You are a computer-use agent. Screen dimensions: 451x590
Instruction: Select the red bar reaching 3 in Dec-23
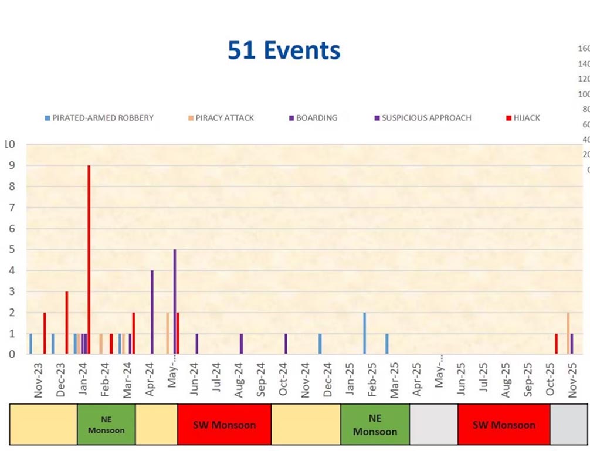click(66, 323)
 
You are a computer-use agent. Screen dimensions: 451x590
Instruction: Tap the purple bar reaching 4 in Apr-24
click(152, 312)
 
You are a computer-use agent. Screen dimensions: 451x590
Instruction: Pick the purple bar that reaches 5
click(175, 301)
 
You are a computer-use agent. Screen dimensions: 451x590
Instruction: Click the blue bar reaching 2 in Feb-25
click(364, 333)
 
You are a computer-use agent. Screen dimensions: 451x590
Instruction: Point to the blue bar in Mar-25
click(386, 344)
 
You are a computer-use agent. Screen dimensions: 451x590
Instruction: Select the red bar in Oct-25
click(556, 344)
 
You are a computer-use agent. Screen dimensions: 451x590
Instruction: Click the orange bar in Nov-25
click(568, 333)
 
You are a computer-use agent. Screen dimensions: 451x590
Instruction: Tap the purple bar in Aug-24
click(241, 344)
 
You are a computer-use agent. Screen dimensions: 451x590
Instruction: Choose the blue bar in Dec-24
click(320, 344)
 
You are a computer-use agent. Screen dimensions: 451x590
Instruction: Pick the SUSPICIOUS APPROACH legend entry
click(422, 118)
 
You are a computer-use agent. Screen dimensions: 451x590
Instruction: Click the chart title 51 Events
click(284, 51)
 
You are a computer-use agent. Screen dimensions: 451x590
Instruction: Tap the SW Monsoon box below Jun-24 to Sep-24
click(224, 425)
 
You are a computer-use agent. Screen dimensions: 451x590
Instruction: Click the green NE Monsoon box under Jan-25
click(375, 425)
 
